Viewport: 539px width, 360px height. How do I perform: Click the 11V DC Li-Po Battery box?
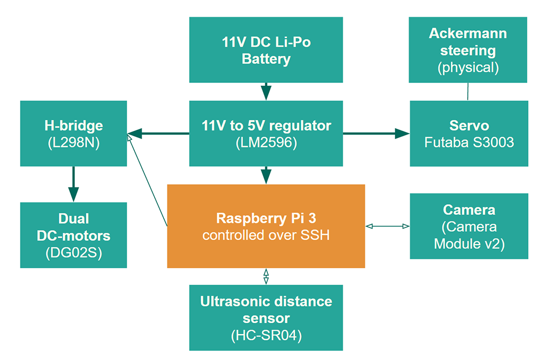click(x=266, y=50)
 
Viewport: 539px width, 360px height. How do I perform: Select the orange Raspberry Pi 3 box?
click(x=266, y=226)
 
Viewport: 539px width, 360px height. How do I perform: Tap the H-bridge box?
click(x=73, y=133)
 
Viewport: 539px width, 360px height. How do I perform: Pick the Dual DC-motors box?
click(x=73, y=235)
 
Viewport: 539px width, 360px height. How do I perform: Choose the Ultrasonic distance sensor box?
click(x=266, y=317)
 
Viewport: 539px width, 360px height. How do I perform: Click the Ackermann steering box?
click(x=468, y=50)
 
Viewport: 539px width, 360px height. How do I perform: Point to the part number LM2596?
click(x=266, y=143)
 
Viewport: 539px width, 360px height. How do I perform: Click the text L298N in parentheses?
click(x=74, y=143)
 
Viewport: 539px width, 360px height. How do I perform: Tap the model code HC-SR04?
click(x=266, y=335)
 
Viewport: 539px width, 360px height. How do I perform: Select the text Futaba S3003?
click(x=469, y=143)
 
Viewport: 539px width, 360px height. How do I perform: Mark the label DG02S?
click(x=74, y=252)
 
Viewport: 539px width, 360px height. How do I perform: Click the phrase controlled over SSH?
click(x=266, y=236)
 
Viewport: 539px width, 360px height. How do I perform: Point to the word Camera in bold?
click(x=469, y=210)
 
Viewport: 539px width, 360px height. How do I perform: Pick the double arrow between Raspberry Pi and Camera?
click(x=388, y=226)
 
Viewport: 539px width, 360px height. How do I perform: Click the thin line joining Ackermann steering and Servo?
click(x=467, y=91)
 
